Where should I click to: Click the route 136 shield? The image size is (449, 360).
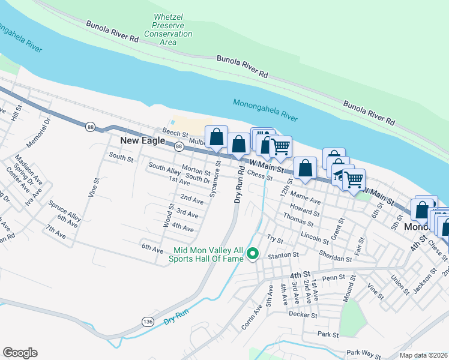pos(148,322)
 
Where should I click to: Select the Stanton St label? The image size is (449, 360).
pos(283,255)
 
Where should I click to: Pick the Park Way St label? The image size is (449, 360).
pos(363,355)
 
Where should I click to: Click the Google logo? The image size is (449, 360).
pos(20,353)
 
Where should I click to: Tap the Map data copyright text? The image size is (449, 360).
pos(423,355)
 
